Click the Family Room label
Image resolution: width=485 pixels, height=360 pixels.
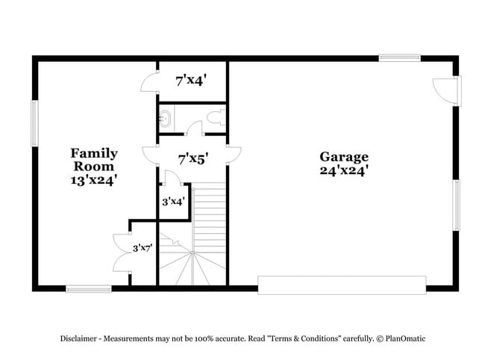(94, 159)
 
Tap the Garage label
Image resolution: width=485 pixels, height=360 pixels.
(344, 157)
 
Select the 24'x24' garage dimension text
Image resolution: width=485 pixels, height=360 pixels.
(344, 170)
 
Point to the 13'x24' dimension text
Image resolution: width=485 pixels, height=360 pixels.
(94, 179)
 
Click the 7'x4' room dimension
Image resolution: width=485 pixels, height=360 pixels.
(192, 81)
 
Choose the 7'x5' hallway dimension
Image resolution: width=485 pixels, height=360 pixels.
(193, 158)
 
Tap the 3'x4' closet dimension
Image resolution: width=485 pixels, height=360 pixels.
(174, 201)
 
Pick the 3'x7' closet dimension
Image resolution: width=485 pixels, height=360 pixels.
(143, 247)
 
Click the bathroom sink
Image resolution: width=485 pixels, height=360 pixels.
(165, 120)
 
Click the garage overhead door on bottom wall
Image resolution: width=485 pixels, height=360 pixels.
(342, 285)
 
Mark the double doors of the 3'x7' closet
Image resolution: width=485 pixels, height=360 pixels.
(121, 252)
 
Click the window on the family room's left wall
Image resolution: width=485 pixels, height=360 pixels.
(34, 123)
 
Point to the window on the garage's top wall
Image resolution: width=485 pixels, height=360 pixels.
(399, 58)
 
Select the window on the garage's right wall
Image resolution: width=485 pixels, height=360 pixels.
(456, 206)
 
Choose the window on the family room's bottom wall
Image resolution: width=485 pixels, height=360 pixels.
(88, 288)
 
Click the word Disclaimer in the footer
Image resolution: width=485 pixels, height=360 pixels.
(79, 338)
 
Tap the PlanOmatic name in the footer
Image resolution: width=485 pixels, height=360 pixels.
(405, 338)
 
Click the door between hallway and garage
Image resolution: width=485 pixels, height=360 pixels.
(234, 155)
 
